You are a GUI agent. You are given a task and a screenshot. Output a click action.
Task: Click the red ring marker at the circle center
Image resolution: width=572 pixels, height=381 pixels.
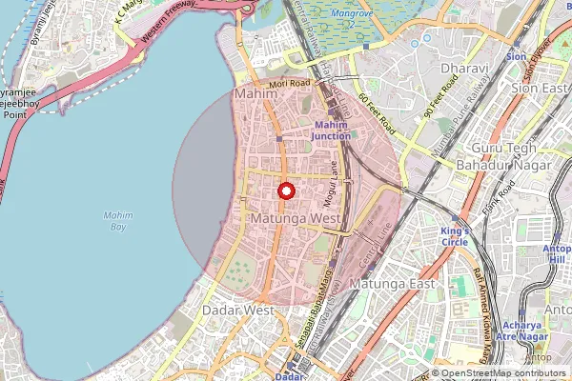pyautogui.click(x=285, y=190)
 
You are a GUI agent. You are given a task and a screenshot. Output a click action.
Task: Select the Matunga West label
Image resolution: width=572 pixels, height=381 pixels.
pyautogui.click(x=297, y=219)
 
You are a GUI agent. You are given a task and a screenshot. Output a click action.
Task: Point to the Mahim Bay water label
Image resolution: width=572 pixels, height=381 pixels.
pyautogui.click(x=117, y=221)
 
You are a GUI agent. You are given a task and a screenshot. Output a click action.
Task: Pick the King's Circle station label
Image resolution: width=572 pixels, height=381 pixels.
pyautogui.click(x=456, y=237)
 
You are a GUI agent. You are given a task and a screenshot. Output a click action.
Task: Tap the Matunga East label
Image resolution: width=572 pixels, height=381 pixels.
pyautogui.click(x=392, y=284)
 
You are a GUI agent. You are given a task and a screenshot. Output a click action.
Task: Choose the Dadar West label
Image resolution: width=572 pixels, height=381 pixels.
pyautogui.click(x=238, y=311)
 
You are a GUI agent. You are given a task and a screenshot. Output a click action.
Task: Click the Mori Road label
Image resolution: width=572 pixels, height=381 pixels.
pyautogui.click(x=290, y=84)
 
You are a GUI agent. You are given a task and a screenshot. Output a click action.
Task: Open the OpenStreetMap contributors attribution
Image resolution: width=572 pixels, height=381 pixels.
pyautogui.click(x=504, y=373)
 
